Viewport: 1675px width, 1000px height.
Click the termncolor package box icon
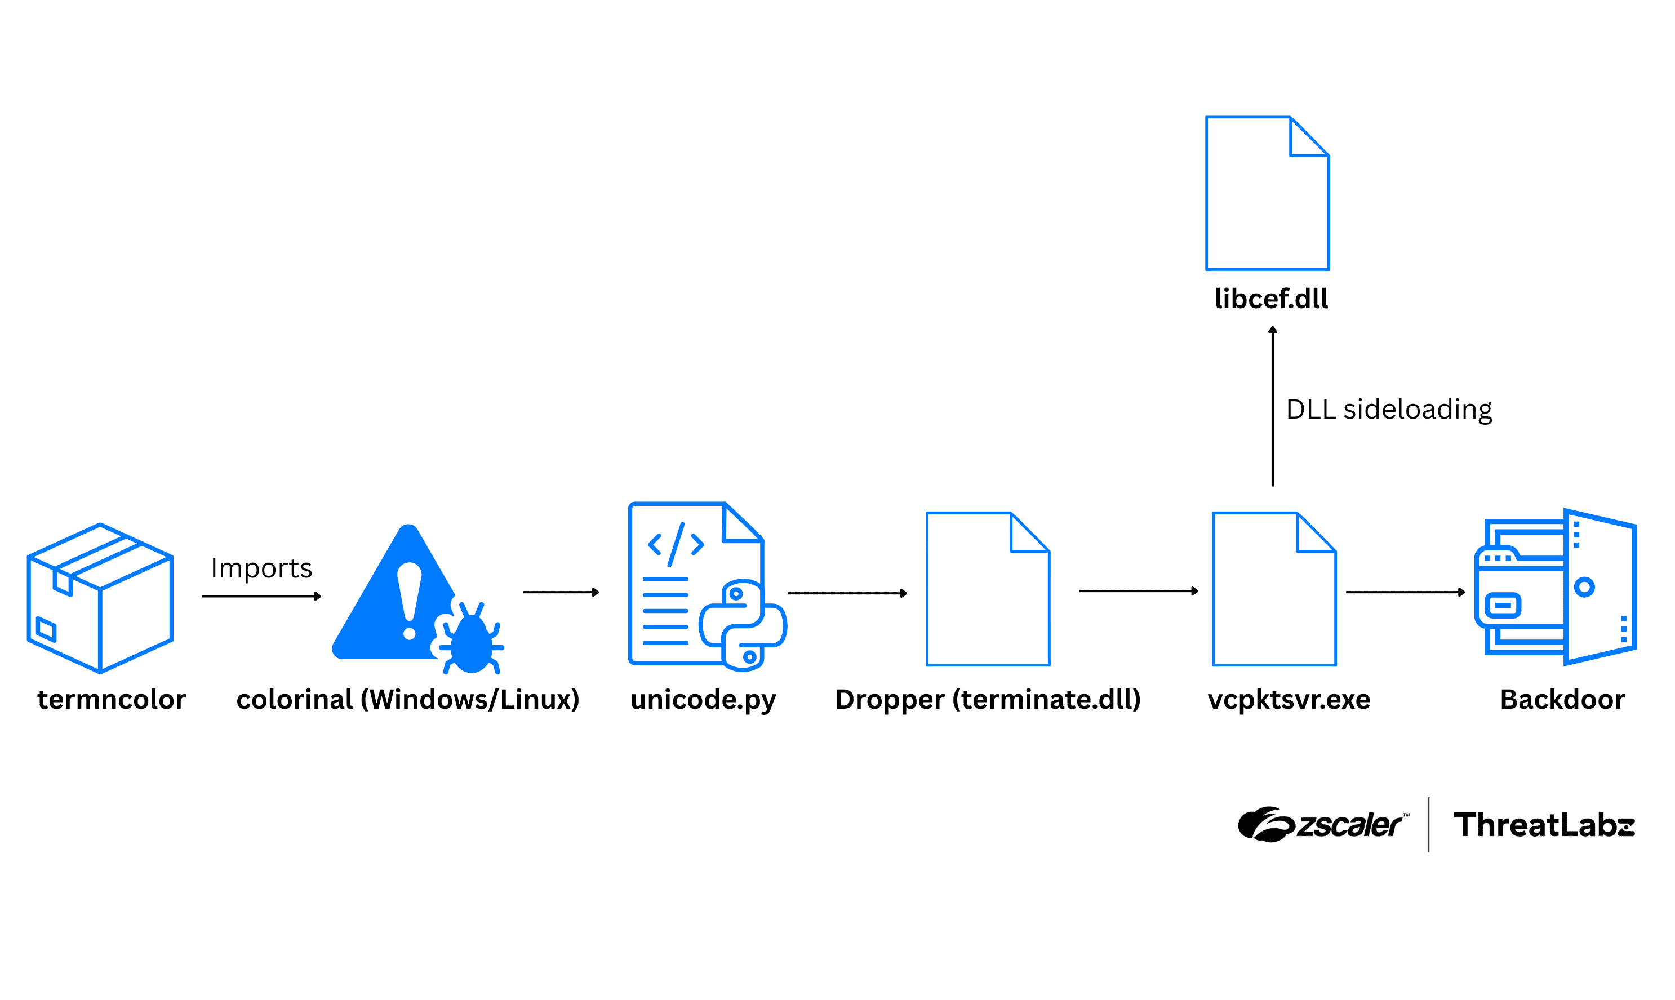100,598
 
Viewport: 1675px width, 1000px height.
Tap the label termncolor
111,700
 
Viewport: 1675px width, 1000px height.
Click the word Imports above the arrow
261,568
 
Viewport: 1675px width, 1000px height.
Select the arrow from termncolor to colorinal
261,597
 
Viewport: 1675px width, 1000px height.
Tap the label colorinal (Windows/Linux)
408,700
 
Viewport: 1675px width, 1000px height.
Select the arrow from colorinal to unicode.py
561,592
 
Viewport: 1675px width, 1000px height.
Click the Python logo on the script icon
743,625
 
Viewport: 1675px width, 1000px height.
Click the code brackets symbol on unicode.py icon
676,544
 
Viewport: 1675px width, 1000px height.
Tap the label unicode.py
703,700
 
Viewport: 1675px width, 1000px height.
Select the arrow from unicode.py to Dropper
847,593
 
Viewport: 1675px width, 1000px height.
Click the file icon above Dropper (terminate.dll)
988,590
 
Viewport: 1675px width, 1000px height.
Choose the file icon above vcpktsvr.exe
1274,590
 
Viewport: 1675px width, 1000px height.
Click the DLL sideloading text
1389,409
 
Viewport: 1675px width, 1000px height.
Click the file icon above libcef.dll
1267,194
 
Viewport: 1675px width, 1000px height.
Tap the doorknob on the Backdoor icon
1584,587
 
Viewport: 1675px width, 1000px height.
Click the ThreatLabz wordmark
1544,825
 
